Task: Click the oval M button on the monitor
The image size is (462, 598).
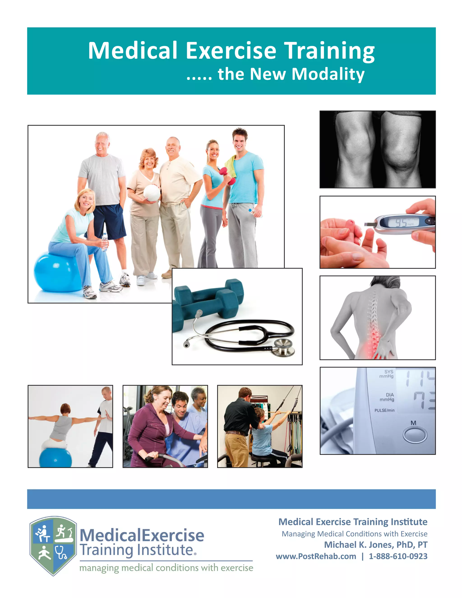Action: pos(415,435)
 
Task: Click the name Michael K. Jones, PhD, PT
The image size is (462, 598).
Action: pos(376,545)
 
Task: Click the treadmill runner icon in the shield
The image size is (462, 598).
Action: pos(64,533)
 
